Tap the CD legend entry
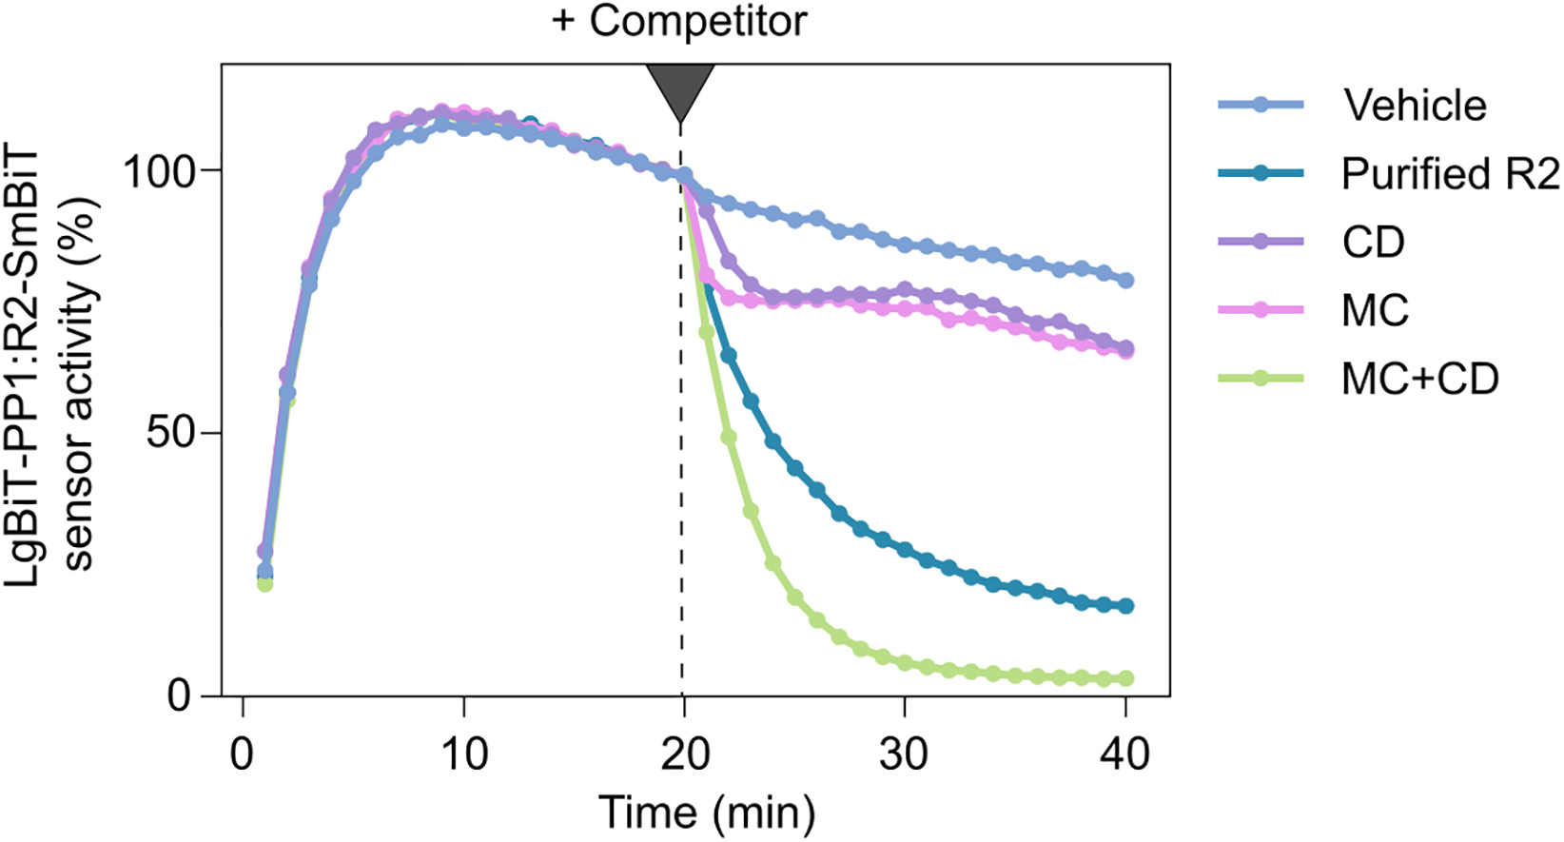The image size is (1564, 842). click(x=1373, y=242)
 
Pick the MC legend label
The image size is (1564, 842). click(x=1375, y=310)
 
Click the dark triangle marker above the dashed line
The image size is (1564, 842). click(x=680, y=88)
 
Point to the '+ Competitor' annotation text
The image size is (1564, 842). click(x=679, y=21)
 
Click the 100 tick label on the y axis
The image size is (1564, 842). click(x=159, y=170)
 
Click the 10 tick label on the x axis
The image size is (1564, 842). click(x=463, y=754)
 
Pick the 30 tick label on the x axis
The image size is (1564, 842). click(x=904, y=754)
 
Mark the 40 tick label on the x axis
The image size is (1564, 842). click(x=1125, y=754)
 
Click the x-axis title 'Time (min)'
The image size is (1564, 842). click(x=707, y=813)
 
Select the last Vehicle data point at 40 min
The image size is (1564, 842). click(x=1126, y=280)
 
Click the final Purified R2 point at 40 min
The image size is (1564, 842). click(x=1126, y=606)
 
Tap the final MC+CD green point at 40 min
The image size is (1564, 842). click(x=1126, y=678)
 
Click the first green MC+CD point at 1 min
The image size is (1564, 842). click(x=265, y=583)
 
